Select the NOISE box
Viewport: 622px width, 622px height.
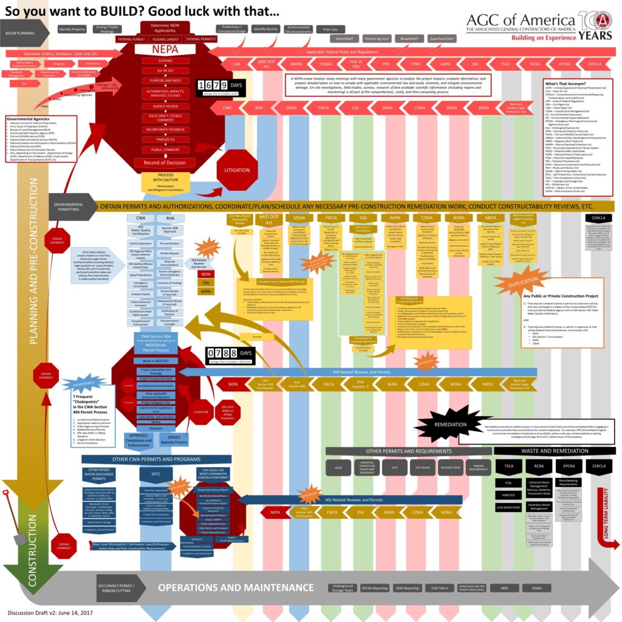[338, 468]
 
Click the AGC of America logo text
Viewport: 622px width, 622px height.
[522, 23]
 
